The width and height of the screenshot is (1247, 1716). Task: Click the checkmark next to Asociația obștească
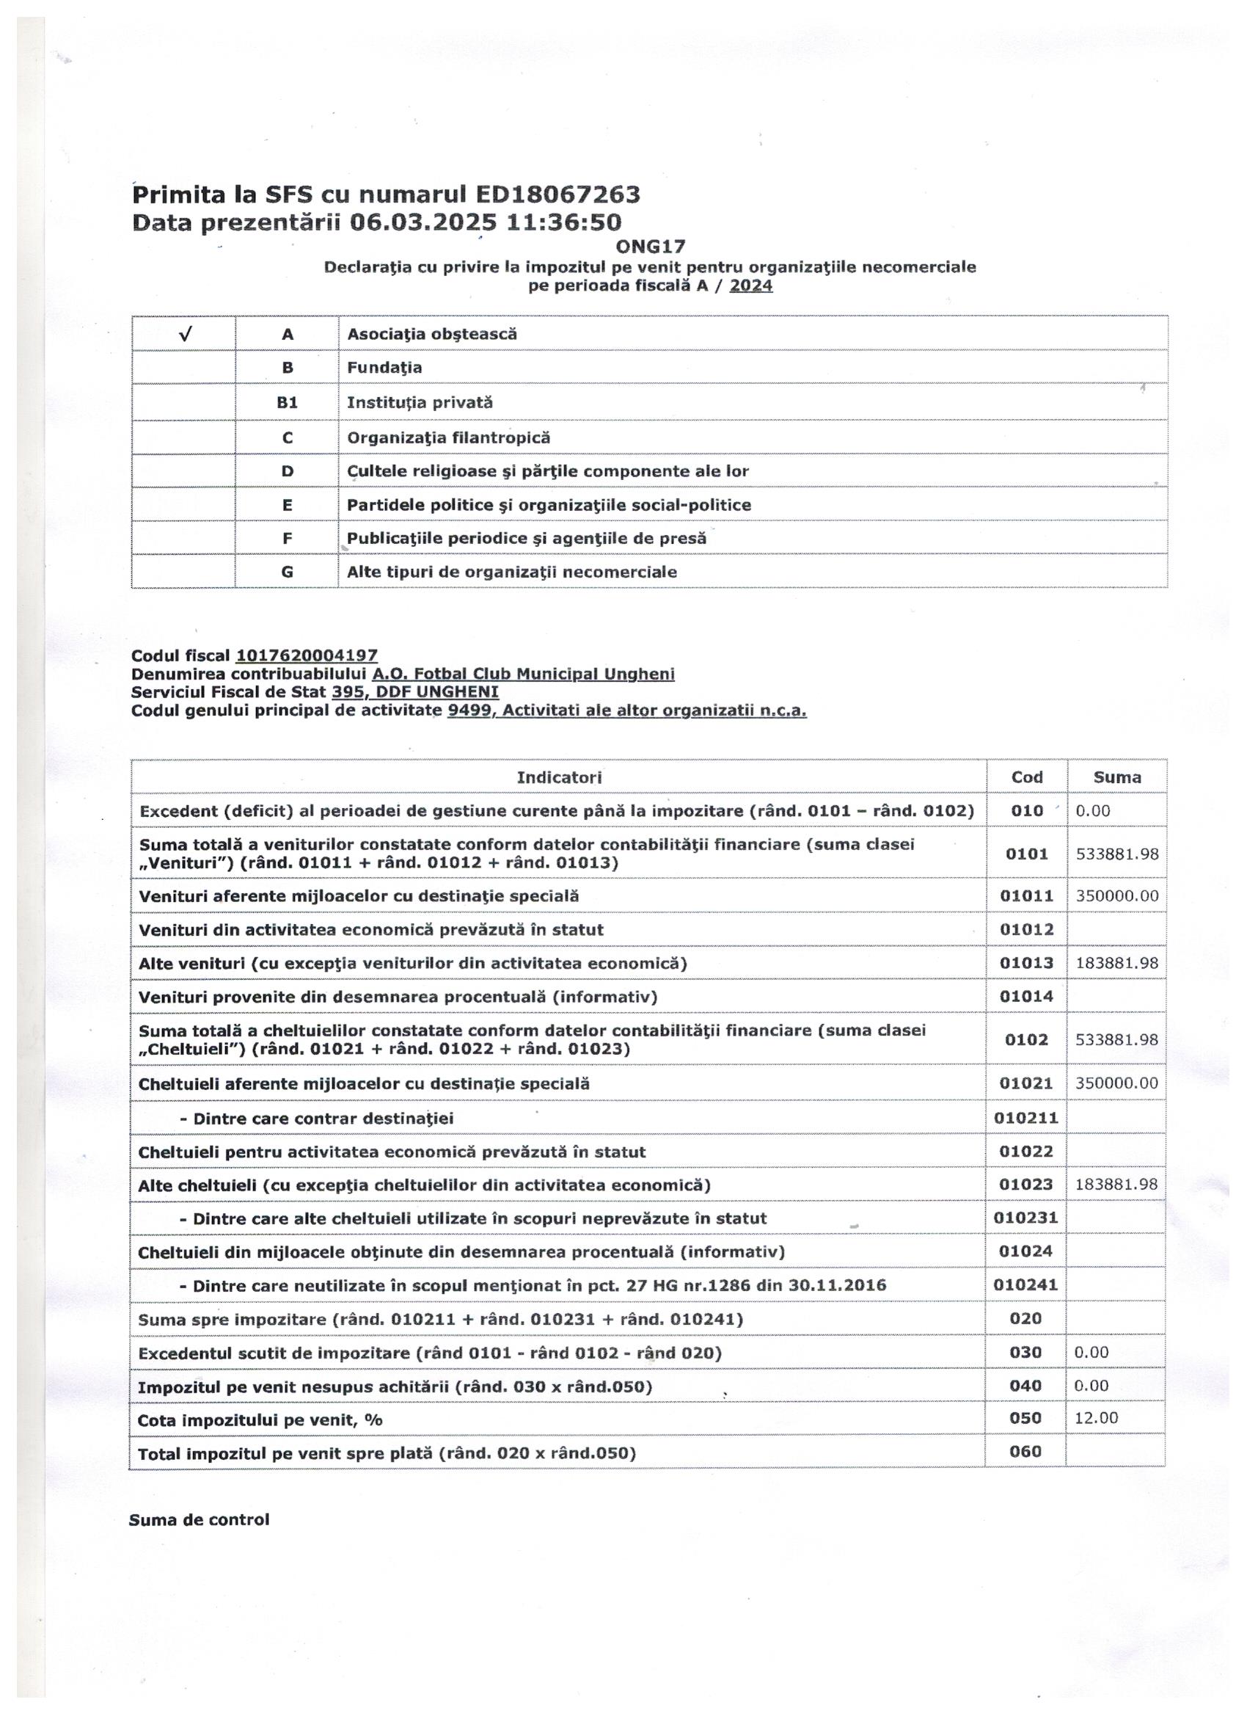click(186, 334)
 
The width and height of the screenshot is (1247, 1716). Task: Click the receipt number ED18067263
click(557, 195)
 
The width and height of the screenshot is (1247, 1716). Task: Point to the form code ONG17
click(651, 247)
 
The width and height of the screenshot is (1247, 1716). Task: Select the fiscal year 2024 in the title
click(751, 286)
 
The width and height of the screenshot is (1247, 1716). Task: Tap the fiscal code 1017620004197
click(307, 656)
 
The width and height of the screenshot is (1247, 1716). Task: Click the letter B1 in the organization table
click(288, 402)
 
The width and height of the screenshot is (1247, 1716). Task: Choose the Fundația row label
click(385, 368)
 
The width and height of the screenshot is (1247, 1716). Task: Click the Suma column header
click(1117, 777)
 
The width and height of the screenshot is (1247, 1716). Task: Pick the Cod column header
click(1027, 777)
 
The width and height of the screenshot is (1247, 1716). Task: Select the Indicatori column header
click(559, 777)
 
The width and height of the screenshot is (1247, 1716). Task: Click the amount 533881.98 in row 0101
click(1117, 854)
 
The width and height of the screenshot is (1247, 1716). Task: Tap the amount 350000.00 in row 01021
click(1116, 1083)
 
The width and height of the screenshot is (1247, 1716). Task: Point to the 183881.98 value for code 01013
click(1117, 963)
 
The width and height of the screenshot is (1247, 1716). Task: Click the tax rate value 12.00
click(1096, 1418)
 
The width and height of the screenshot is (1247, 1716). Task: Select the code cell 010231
click(1026, 1218)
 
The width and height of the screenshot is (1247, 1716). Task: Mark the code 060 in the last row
click(1025, 1451)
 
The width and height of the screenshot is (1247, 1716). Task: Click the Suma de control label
click(199, 1520)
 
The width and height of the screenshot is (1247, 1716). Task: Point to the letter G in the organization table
click(288, 572)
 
